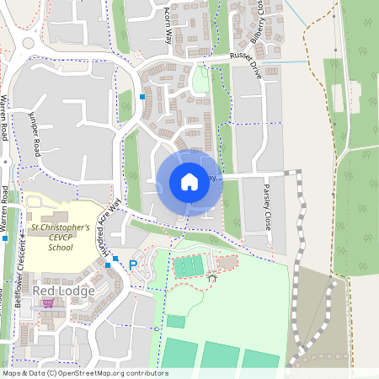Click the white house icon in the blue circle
pyautogui.click(x=189, y=181)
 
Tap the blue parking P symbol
pyautogui.click(x=132, y=265)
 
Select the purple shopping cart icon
pyautogui.click(x=48, y=303)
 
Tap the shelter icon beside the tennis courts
pyautogui.click(x=211, y=276)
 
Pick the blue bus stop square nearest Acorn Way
pyautogui.click(x=142, y=97)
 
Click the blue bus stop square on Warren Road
pyautogui.click(x=5, y=239)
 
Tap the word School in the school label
pyautogui.click(x=60, y=248)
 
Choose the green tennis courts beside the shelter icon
pyautogui.click(x=188, y=266)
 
